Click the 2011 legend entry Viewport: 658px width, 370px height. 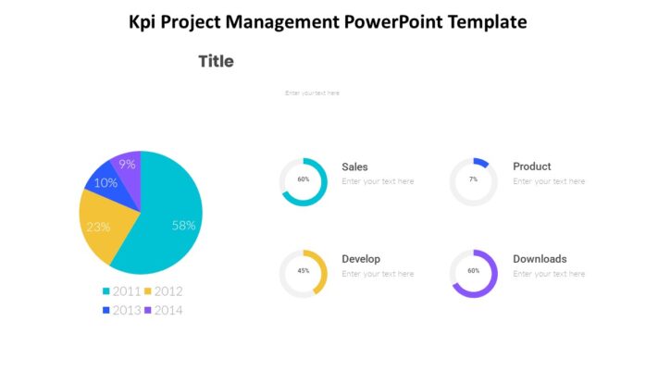pyautogui.click(x=121, y=291)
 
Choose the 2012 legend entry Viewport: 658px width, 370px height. pyautogui.click(x=163, y=291)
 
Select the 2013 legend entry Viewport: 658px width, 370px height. pyautogui.click(x=121, y=310)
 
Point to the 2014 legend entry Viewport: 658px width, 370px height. pyautogui.click(x=163, y=310)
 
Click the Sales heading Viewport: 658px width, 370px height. pyautogui.click(x=354, y=167)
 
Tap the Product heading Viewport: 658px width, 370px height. pyautogui.click(x=532, y=167)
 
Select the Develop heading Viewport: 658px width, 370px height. pyautogui.click(x=361, y=259)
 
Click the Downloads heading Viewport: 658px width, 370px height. pyautogui.click(x=540, y=259)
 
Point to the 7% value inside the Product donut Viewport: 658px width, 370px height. pyautogui.click(x=473, y=179)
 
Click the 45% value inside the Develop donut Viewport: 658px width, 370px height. pyautogui.click(x=304, y=271)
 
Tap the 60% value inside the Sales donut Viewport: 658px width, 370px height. pyautogui.click(x=304, y=179)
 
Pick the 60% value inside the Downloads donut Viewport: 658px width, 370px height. pyautogui.click(x=473, y=271)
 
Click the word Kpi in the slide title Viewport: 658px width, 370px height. pyautogui.click(x=144, y=21)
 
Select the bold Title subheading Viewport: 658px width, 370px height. pyautogui.click(x=216, y=62)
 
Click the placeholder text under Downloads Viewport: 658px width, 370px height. pyautogui.click(x=549, y=274)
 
